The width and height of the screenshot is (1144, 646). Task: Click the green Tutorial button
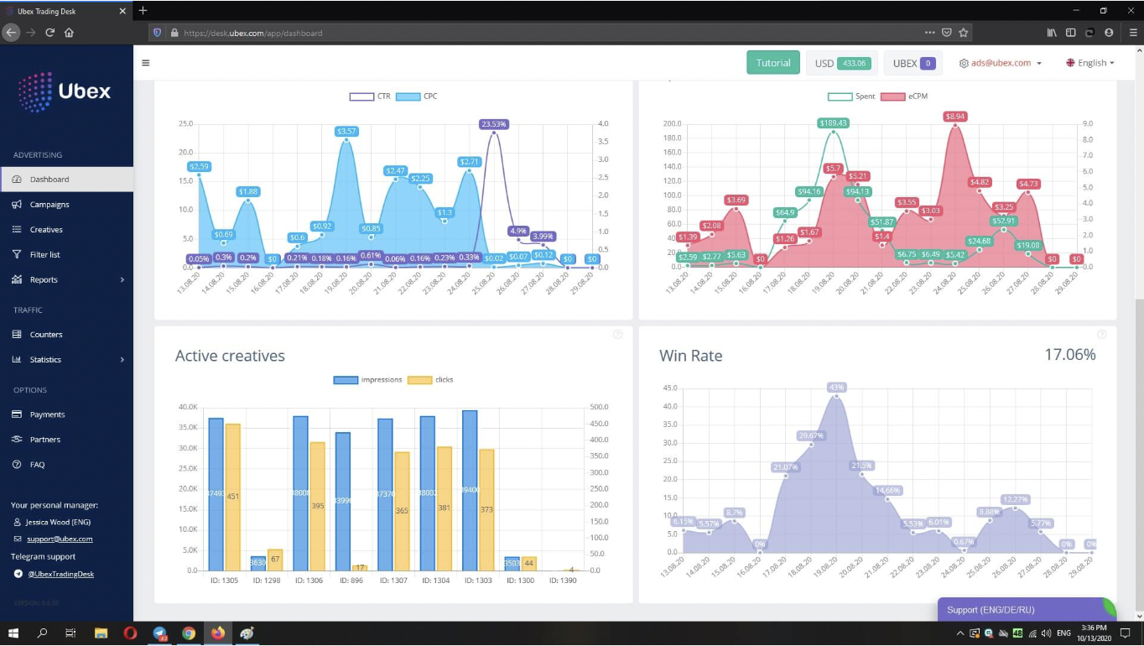point(772,63)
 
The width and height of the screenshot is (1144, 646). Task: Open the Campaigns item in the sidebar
point(49,205)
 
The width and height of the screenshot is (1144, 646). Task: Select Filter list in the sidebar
point(45,255)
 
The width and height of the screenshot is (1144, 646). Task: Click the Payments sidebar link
point(47,414)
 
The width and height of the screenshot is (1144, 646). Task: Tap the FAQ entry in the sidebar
point(37,465)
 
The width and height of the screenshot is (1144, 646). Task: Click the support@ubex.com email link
point(59,539)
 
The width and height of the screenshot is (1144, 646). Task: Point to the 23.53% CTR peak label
point(494,124)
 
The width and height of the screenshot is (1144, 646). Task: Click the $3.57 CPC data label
point(346,132)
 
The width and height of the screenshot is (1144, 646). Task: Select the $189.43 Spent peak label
point(833,123)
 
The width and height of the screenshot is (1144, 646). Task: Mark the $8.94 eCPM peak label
point(954,117)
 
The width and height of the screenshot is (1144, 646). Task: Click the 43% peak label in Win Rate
point(836,388)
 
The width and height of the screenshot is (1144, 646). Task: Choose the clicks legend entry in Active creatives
point(431,380)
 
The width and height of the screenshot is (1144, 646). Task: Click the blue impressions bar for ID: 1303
point(470,490)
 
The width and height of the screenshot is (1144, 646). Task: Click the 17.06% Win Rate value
point(1069,355)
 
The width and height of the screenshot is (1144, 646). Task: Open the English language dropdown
point(1090,63)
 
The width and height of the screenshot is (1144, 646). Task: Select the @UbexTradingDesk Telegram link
point(60,574)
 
